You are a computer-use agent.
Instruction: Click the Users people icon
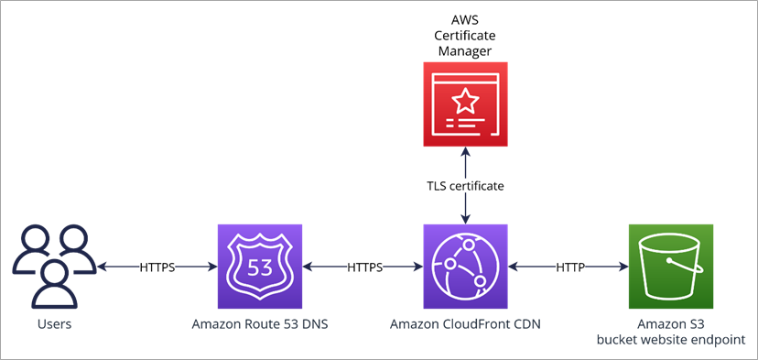pos(54,267)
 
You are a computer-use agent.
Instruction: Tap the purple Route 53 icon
pos(260,267)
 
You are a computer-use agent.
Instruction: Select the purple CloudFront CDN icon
pos(465,267)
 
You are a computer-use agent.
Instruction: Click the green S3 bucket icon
pos(671,267)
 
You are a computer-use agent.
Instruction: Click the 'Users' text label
pos(54,323)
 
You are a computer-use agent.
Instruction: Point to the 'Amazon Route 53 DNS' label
pos(260,323)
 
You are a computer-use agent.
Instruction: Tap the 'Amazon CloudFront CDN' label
pos(465,323)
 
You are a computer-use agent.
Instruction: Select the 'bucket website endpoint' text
pos(672,339)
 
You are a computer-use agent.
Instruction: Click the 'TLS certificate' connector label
pos(465,185)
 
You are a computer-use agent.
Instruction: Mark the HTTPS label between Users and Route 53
pos(157,267)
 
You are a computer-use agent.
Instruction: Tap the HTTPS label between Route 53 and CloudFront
pos(363,267)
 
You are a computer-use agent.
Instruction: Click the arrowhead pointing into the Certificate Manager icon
pos(465,153)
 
